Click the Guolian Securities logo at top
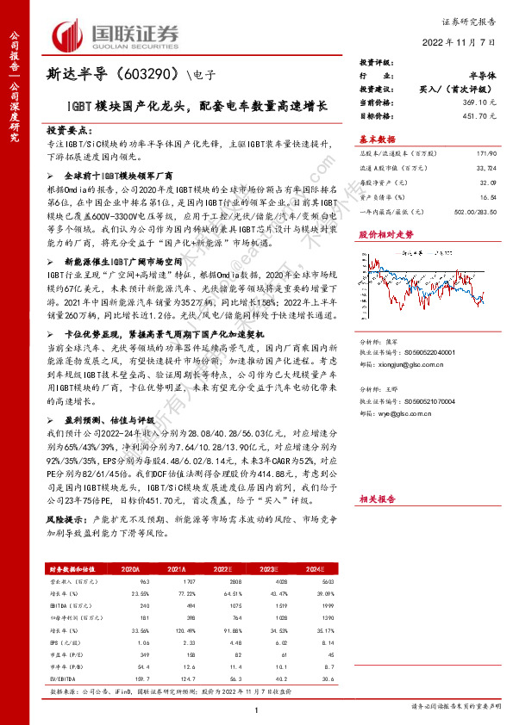tap(117, 35)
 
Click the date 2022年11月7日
tap(457, 42)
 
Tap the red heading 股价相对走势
tap(385, 233)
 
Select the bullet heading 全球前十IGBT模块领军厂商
tap(122, 174)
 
